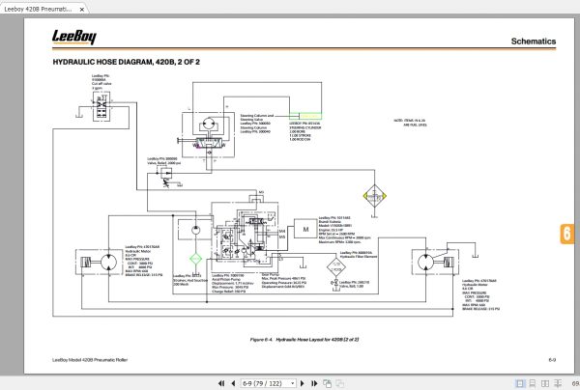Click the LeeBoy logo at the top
[x=78, y=39]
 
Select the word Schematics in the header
[x=533, y=42]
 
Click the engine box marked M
[x=305, y=230]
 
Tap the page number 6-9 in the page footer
[x=551, y=359]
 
